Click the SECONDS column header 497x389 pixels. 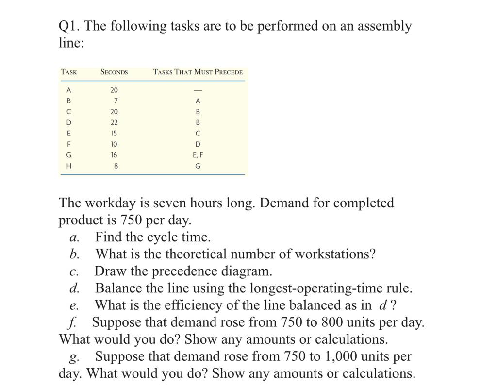click(114, 72)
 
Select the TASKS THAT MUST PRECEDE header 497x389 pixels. click(198, 72)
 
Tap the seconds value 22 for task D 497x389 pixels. click(114, 122)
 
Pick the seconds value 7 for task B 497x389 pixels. click(116, 101)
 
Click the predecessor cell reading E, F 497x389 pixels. click(198, 155)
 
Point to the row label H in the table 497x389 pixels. click(68, 166)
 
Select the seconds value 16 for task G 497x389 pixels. click(114, 155)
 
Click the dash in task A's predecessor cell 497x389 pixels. click(198, 90)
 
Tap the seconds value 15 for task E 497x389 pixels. click(114, 133)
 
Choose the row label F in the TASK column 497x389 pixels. click(68, 144)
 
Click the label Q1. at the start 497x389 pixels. click(69, 26)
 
